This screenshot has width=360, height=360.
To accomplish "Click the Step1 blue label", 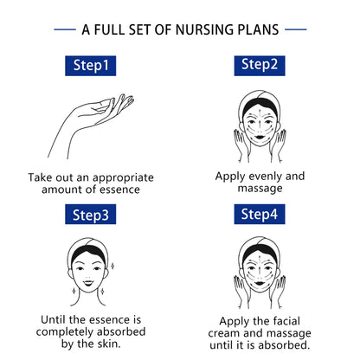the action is tap(90, 66).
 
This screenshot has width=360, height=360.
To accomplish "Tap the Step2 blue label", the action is tap(260, 66).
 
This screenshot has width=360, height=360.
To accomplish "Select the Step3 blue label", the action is tap(90, 214).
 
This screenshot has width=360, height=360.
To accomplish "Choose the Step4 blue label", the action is tap(260, 214).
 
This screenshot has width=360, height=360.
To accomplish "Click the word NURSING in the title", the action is tap(204, 29).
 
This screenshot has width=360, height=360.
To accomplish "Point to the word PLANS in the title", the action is tap(258, 29).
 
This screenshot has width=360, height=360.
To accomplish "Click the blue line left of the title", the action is tap(65, 29).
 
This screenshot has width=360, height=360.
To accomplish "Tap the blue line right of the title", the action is tap(296, 29).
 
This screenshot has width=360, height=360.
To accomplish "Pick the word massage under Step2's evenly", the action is tap(260, 189).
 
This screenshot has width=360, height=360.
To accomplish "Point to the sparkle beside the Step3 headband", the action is tap(112, 266).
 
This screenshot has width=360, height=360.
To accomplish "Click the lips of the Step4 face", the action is tap(260, 283).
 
